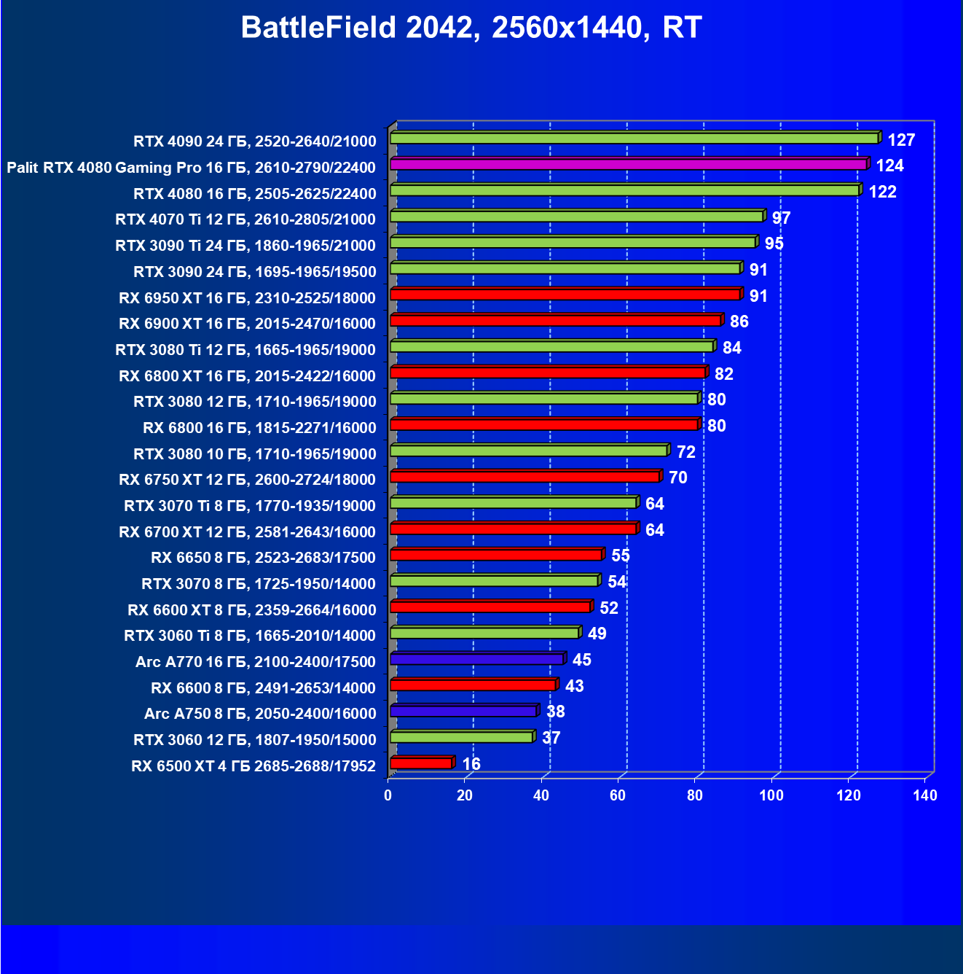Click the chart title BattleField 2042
pos(471,28)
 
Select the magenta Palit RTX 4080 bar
pos(628,165)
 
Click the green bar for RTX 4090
pos(634,139)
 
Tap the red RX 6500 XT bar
pos(421,763)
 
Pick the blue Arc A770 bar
pos(476,659)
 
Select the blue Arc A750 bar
pos(463,711)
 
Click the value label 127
pos(901,140)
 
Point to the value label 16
pos(471,764)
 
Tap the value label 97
pos(781,218)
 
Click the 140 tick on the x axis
pos(924,795)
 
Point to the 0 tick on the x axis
pos(388,795)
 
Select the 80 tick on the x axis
pos(695,795)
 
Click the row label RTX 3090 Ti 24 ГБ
pos(245,246)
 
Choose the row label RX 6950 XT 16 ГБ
pos(247,298)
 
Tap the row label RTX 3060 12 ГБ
pos(254,740)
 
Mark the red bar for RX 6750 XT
pos(524,477)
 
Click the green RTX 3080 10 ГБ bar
pos(528,451)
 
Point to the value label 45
pos(582,660)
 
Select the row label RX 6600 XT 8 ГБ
pos(251,610)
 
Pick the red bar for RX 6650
pos(495,555)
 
